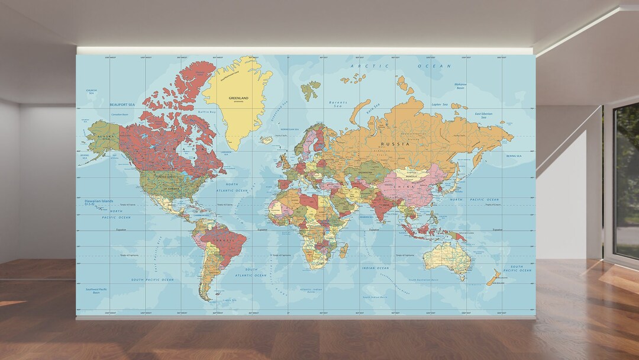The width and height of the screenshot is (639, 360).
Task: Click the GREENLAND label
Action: tap(238, 98)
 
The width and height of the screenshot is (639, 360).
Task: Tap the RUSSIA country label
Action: tap(395, 144)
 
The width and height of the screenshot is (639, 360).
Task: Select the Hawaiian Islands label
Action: tap(98, 202)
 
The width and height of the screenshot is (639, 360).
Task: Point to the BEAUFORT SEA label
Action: tap(122, 104)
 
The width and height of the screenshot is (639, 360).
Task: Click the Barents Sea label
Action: tap(338, 104)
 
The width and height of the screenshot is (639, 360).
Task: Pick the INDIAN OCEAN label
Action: tap(375, 268)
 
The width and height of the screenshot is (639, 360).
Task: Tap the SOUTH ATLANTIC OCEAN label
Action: tap(251, 272)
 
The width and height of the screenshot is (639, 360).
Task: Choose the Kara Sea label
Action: tap(373, 110)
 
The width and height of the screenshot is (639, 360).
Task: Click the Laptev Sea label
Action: tap(440, 105)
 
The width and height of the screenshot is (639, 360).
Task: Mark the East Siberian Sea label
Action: tap(483, 115)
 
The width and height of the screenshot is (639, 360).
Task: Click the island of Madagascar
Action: tap(343, 250)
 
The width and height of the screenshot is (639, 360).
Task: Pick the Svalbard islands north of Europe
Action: tap(310, 90)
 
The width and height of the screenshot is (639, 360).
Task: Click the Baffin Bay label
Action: tap(206, 111)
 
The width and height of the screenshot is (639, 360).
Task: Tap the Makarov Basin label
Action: tap(460, 86)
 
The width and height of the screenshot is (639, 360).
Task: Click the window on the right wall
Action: tap(627, 178)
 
